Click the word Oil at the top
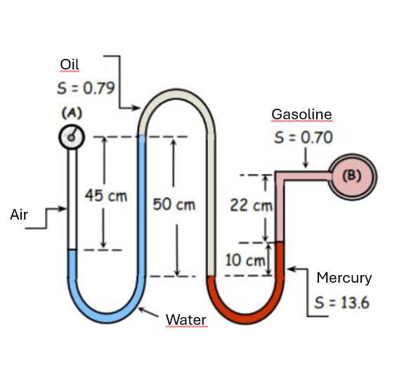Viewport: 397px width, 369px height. (x=70, y=65)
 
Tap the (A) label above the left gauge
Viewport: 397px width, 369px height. (x=71, y=112)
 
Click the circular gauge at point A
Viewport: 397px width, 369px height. (x=71, y=137)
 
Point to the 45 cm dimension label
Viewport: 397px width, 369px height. (x=105, y=194)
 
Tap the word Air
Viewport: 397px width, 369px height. (x=19, y=215)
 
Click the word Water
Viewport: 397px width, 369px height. (x=186, y=320)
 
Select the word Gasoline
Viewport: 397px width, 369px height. (x=301, y=114)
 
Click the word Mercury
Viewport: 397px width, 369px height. (x=344, y=278)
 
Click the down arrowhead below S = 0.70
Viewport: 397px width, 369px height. (x=306, y=163)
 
